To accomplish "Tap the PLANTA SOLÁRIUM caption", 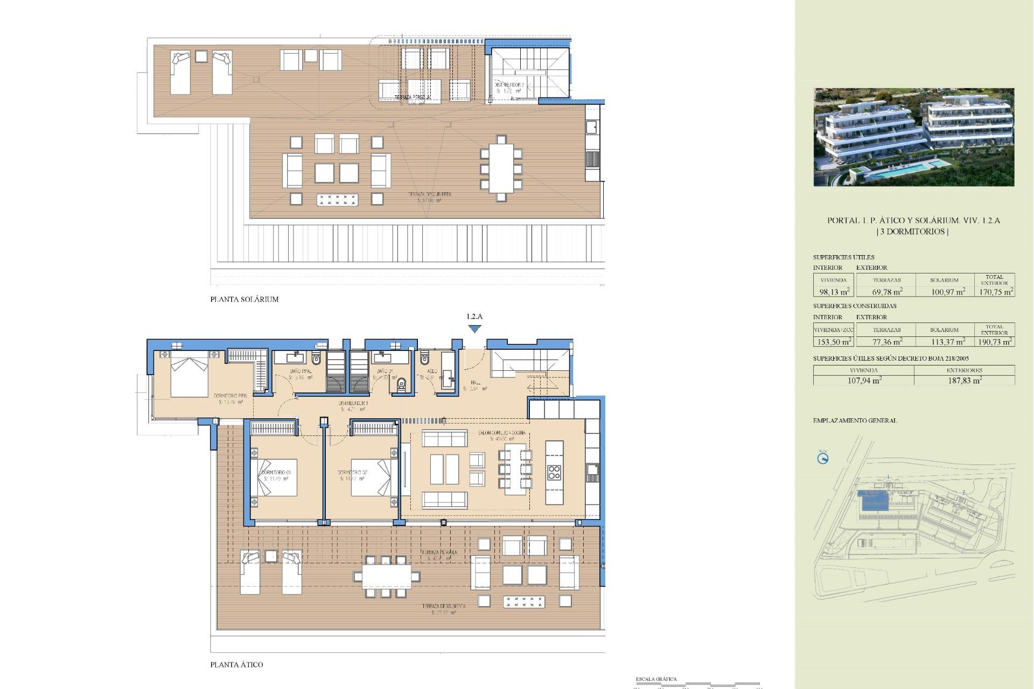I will point(244,299).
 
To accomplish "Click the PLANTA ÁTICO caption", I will point(236,665).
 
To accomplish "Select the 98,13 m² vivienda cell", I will point(834,292).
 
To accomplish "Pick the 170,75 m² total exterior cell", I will point(995,292).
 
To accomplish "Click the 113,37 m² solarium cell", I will point(947,341).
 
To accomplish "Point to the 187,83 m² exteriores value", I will point(964,380).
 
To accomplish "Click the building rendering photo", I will point(913,137).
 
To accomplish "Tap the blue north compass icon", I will point(822,459).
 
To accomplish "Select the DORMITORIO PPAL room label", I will point(230,396).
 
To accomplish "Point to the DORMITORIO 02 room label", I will point(352,473).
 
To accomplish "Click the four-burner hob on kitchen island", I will point(554,473).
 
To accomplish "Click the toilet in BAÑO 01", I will point(401,384).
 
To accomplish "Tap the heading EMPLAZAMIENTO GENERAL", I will point(855,420).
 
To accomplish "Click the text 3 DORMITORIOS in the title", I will point(913,231).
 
